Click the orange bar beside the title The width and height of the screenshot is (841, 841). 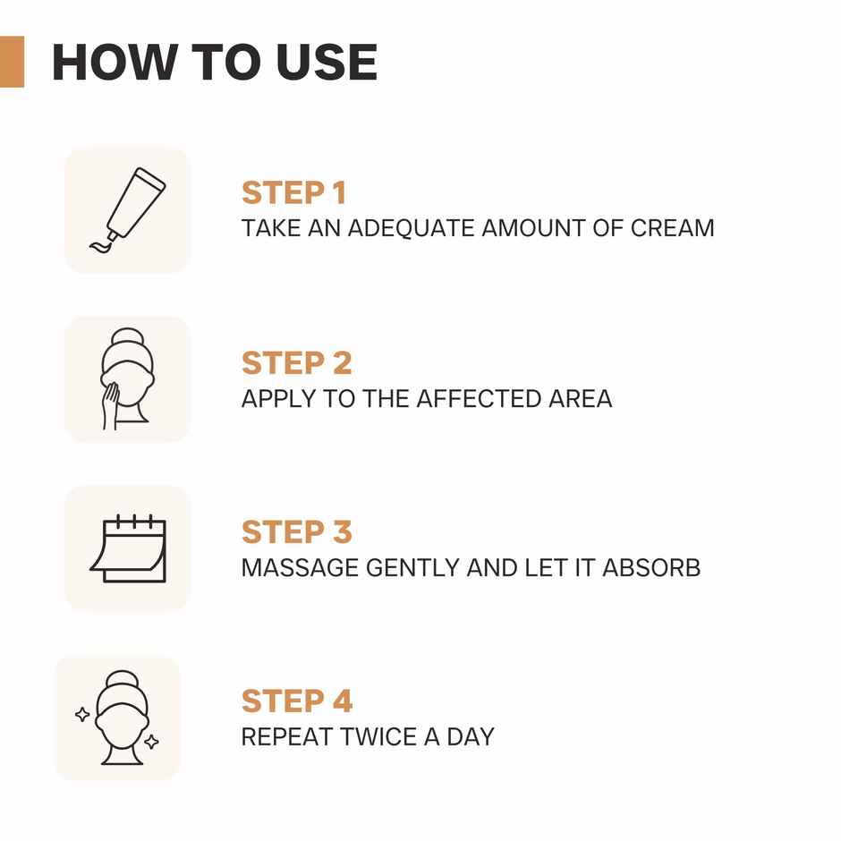[x=12, y=62]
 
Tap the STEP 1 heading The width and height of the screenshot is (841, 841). [x=293, y=193]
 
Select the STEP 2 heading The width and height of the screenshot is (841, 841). [x=297, y=363]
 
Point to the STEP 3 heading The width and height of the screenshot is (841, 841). [x=297, y=532]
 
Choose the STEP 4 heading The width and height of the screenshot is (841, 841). [x=297, y=701]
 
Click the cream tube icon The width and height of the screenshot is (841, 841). [x=135, y=202]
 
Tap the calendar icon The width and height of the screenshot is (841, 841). [x=128, y=548]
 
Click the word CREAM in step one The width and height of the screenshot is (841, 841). [x=672, y=227]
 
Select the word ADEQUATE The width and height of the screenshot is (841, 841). [x=411, y=227]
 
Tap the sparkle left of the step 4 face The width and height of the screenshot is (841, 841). [x=82, y=714]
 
